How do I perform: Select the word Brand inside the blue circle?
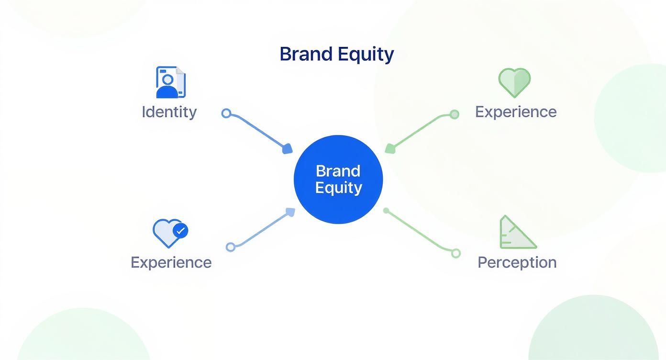pyautogui.click(x=338, y=171)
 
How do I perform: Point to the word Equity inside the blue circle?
pyautogui.click(x=338, y=187)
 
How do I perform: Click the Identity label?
pyautogui.click(x=169, y=112)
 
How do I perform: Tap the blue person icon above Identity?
pyautogui.click(x=170, y=82)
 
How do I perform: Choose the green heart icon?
pyautogui.click(x=514, y=82)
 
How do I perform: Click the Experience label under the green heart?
pyautogui.click(x=515, y=112)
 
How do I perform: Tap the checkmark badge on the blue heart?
pyautogui.click(x=180, y=231)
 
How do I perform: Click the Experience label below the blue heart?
pyautogui.click(x=171, y=262)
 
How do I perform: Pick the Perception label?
pyautogui.click(x=517, y=262)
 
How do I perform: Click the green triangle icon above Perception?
pyautogui.click(x=516, y=233)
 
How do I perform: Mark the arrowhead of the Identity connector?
pyautogui.click(x=288, y=149)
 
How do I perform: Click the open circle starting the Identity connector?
pyautogui.click(x=226, y=113)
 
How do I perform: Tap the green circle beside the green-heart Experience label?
pyautogui.click(x=454, y=114)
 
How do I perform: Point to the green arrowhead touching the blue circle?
pyautogui.click(x=390, y=148)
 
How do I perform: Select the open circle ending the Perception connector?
pyautogui.click(x=455, y=253)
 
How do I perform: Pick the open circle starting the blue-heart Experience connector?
pyautogui.click(x=231, y=247)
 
